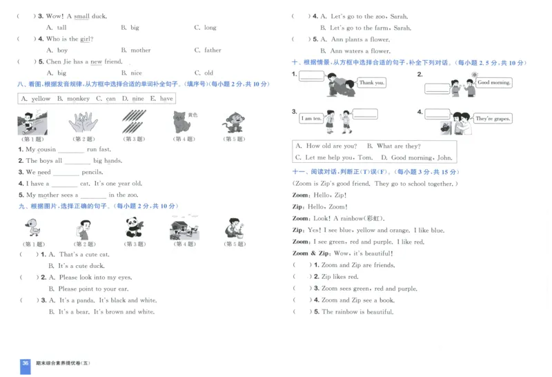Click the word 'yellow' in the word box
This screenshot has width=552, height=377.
click(41, 99)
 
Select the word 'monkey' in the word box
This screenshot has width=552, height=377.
click(78, 99)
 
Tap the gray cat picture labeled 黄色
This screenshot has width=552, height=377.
click(183, 122)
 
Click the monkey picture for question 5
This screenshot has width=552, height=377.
click(233, 123)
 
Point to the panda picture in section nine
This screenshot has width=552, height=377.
click(134, 227)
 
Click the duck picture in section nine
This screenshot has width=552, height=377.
click(33, 227)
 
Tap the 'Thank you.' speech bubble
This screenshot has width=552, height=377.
click(371, 83)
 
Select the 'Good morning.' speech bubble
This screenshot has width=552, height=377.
click(494, 83)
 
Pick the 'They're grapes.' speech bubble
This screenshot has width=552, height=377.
click(493, 119)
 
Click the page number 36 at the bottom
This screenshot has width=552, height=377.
click(26, 363)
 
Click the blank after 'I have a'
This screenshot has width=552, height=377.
click(64, 184)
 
